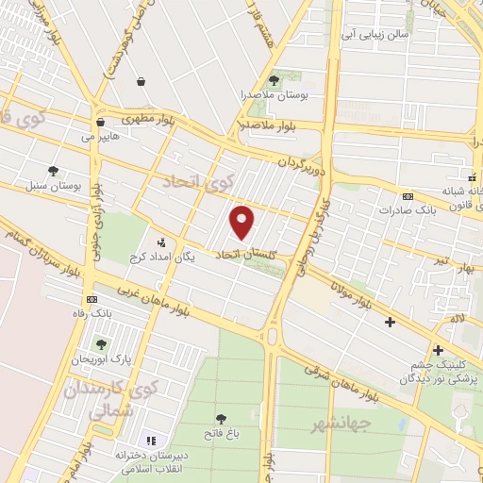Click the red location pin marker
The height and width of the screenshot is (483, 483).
point(243,222)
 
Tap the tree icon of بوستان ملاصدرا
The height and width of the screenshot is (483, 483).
point(274,80)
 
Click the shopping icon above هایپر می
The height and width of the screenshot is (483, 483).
point(100,122)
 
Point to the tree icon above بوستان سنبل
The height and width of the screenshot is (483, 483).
point(54,171)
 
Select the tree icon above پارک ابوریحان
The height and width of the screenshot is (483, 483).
point(101,344)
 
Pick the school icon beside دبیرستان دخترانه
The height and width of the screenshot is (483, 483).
point(149,441)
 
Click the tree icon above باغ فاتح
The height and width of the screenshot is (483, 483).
point(222,418)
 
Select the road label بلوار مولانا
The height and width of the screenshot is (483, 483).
point(354,289)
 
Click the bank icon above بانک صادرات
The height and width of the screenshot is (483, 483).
point(408,196)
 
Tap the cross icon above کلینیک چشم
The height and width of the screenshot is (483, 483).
point(437,348)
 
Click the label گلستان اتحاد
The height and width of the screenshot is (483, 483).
point(250,255)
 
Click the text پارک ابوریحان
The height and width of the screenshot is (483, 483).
point(101,360)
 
